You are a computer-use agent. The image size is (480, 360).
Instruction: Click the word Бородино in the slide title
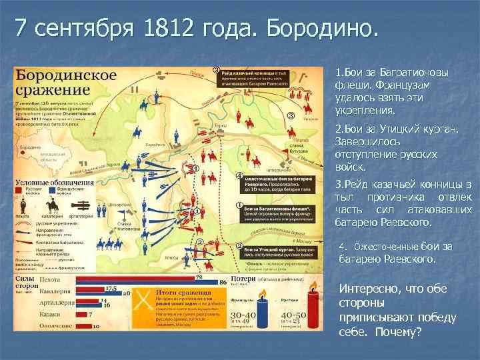point(320,28)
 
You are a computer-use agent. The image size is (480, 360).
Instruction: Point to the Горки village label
point(216,125)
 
